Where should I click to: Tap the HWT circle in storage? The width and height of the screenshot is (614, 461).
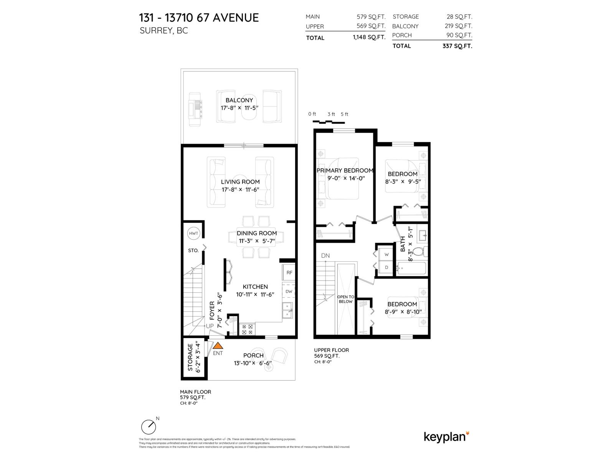193,233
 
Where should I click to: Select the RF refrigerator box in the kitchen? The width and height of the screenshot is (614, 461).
289,272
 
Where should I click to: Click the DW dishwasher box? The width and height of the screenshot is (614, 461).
289,291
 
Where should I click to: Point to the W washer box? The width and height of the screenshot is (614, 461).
386,255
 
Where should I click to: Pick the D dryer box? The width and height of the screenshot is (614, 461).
386,267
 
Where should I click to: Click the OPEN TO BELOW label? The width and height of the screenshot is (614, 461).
345,299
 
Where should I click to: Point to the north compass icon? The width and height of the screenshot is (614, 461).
149,426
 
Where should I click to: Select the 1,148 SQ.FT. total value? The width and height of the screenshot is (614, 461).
369,37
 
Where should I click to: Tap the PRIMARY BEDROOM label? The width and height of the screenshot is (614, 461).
345,171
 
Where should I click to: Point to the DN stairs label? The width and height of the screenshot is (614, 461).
325,255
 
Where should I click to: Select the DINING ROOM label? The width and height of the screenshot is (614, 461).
256,233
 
